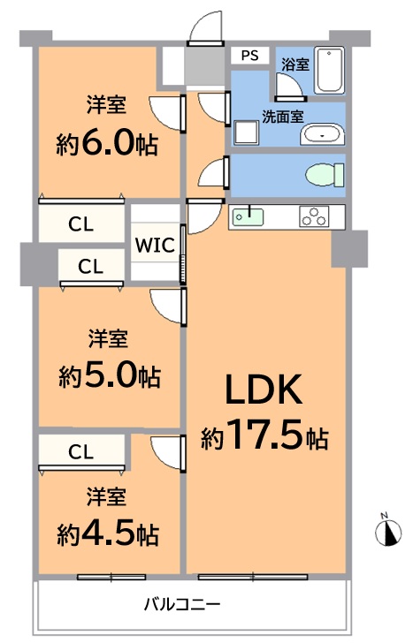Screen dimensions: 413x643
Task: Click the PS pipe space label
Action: (x=249, y=56)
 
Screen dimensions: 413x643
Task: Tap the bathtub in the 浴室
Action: (x=329, y=71)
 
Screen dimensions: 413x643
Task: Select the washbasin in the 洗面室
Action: (x=322, y=134)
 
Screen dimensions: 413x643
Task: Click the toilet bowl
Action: (x=325, y=175)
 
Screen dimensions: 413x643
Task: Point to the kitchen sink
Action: (x=248, y=216)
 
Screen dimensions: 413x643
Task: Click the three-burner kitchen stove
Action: (x=315, y=216)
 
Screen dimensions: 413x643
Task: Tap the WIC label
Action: (x=155, y=246)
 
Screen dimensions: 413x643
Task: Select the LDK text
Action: (x=264, y=390)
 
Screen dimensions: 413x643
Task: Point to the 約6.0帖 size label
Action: (x=107, y=143)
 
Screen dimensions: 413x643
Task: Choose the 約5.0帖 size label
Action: (x=109, y=376)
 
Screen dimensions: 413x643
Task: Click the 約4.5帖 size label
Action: (x=108, y=533)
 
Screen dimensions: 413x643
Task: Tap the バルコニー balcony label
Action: (x=182, y=604)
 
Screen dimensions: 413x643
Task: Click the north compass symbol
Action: (x=388, y=532)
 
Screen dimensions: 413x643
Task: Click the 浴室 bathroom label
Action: (x=295, y=64)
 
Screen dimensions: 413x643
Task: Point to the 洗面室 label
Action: (x=283, y=117)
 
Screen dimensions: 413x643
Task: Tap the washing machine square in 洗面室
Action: (x=247, y=132)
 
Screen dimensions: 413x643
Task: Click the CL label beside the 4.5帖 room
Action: (x=80, y=452)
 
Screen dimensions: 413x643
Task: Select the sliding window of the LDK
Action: (x=253, y=577)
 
